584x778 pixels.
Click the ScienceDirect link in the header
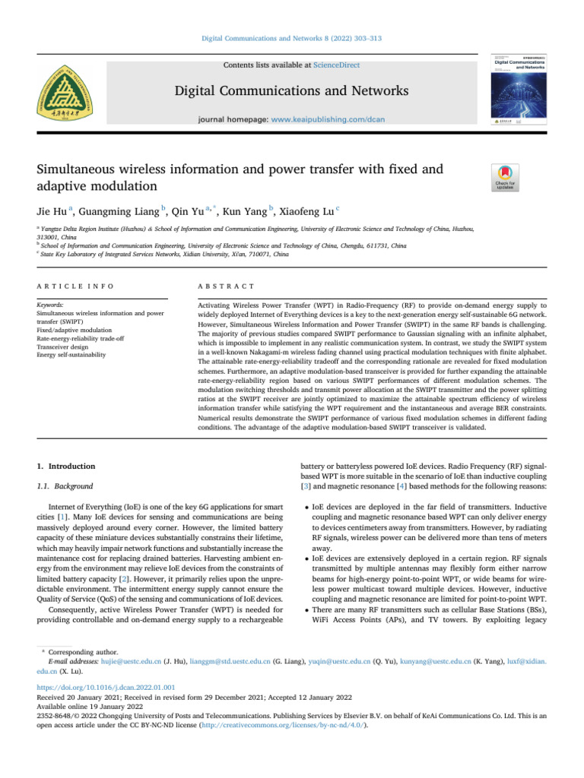click(337, 66)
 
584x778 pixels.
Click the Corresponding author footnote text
click(82, 652)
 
